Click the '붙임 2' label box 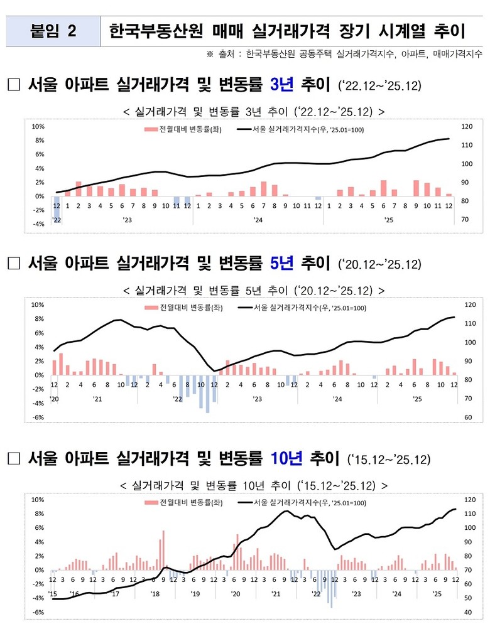point(53,31)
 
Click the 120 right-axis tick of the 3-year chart point(465,127)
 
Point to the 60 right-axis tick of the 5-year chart point(468,417)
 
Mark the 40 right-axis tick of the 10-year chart point(468,613)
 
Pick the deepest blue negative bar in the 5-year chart point(207,394)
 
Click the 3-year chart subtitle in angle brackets point(254,112)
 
